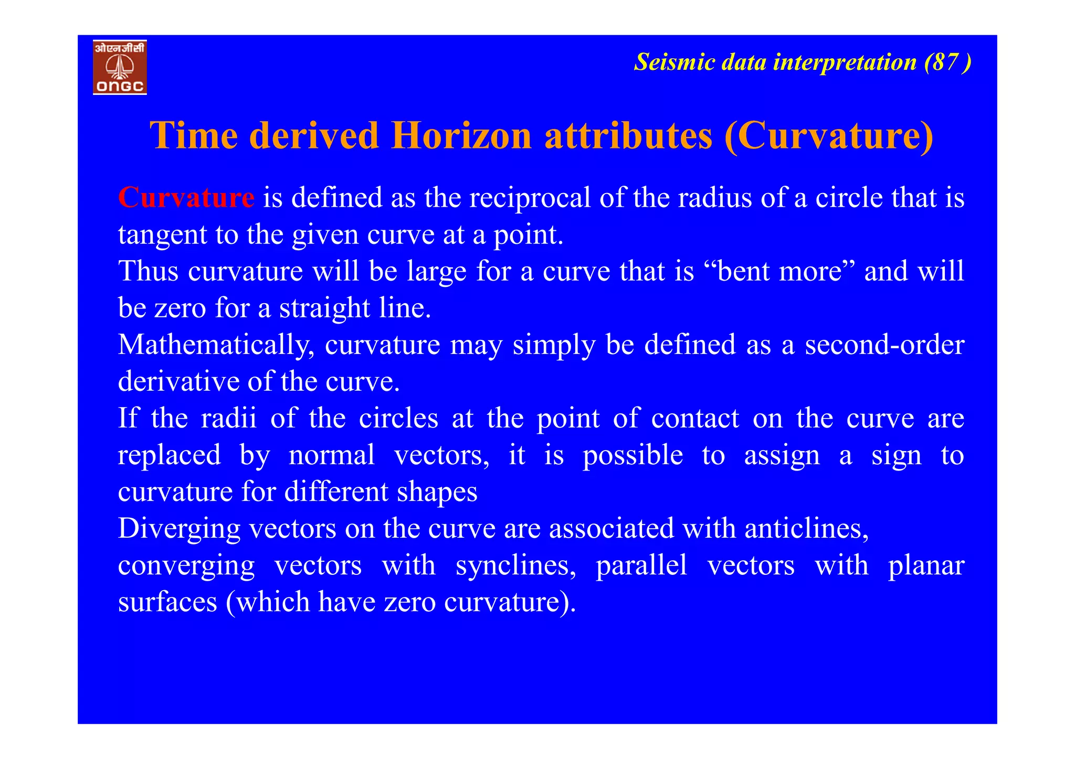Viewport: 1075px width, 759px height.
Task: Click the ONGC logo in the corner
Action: pyautogui.click(x=120, y=67)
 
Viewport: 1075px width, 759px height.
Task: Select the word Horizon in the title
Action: pyautogui.click(x=461, y=135)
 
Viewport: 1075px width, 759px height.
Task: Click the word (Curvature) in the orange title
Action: pyautogui.click(x=829, y=135)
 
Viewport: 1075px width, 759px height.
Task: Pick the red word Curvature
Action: pyautogui.click(x=186, y=198)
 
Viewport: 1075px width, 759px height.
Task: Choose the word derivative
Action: pyautogui.click(x=178, y=381)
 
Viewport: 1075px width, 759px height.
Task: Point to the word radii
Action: pyautogui.click(x=229, y=418)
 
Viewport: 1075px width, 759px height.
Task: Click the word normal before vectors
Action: pyautogui.click(x=332, y=455)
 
